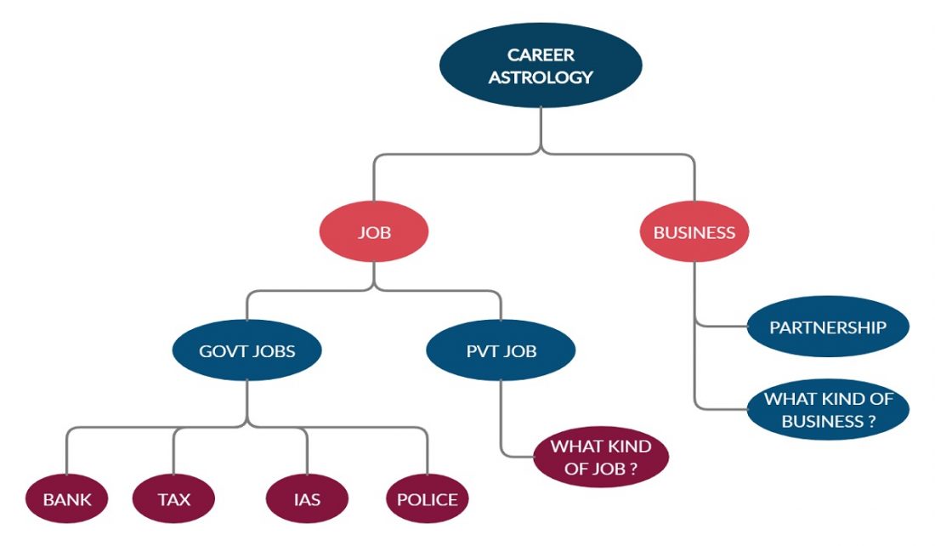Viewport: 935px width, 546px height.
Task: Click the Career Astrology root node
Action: tap(541, 65)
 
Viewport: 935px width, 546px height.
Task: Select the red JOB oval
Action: tap(374, 232)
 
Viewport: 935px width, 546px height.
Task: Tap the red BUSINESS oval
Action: tap(694, 232)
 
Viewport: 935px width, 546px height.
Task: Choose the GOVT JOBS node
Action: tap(246, 350)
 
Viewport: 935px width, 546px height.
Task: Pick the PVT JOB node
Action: tap(501, 350)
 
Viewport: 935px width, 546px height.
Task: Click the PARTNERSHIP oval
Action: tap(827, 327)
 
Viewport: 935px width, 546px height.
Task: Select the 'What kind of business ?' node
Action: tap(827, 409)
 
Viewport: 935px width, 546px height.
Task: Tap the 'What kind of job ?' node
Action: tap(600, 458)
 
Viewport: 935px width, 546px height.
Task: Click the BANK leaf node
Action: tap(66, 499)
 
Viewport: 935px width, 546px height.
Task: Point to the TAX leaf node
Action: tap(173, 499)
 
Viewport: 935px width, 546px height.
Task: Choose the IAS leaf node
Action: tap(306, 499)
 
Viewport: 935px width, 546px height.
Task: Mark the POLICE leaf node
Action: tap(427, 499)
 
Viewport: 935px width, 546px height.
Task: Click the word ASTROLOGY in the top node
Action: tap(541, 77)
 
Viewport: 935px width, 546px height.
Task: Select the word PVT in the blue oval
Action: tap(482, 350)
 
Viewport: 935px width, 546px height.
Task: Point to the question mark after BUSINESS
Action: tap(871, 421)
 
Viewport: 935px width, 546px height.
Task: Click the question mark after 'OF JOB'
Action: tap(634, 468)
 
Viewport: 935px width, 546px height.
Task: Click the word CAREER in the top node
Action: tap(541, 55)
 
